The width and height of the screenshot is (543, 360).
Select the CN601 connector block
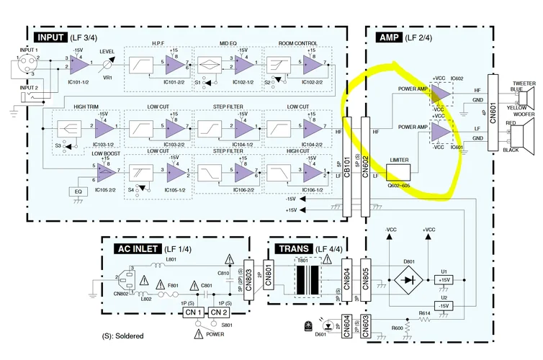493,112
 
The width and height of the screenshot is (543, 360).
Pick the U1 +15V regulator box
444,279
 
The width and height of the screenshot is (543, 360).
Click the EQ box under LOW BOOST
78,192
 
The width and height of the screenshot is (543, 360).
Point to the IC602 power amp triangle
441,94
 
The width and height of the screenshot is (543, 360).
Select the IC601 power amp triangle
441,132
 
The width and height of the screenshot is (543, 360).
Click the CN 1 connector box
192,313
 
